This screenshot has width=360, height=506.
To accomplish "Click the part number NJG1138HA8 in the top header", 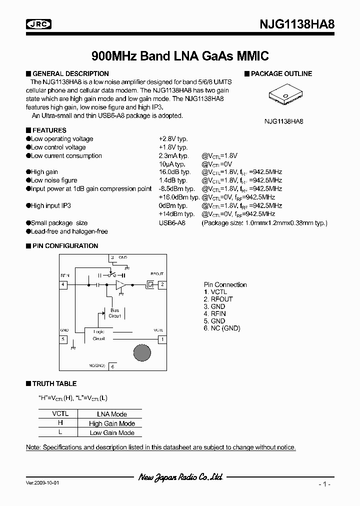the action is (295, 24).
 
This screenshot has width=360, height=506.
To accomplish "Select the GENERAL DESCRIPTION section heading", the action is (70, 73).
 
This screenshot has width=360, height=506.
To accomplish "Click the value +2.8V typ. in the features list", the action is (173, 139).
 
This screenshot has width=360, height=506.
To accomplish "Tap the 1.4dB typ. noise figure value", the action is (172, 180).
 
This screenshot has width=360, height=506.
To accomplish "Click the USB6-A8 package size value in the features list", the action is (172, 223).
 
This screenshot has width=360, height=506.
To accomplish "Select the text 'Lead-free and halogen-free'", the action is (69, 231).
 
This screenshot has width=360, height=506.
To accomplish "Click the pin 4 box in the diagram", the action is (63, 284).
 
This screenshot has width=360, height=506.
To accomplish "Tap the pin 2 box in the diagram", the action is (162, 284).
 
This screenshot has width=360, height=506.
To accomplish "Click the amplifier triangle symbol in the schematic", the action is (121, 285).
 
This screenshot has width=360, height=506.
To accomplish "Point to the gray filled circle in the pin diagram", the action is (141, 353).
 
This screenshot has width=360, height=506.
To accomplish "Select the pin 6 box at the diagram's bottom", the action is (112, 366).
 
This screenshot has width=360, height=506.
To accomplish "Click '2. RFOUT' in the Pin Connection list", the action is (218, 299).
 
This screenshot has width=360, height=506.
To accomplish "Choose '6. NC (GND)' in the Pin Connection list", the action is (222, 328).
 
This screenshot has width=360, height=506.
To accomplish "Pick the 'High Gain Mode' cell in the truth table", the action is (112, 423).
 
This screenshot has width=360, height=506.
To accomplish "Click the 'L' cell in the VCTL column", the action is (60, 432).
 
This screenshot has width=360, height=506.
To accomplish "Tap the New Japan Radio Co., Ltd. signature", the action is (180, 477).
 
